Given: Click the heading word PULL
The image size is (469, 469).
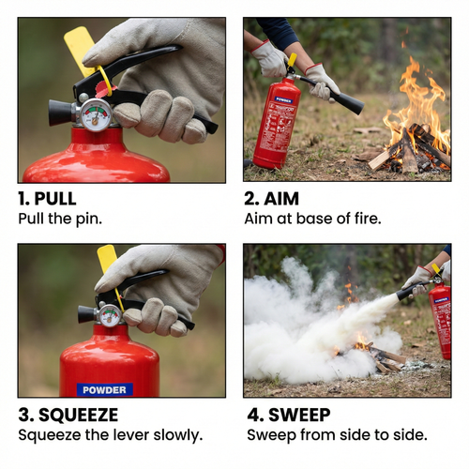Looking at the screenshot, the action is click(x=55, y=199).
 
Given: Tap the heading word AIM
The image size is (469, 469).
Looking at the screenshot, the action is click(x=281, y=199).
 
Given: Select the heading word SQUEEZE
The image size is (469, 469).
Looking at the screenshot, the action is click(x=78, y=415).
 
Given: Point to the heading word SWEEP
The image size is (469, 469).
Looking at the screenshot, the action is click(x=299, y=415).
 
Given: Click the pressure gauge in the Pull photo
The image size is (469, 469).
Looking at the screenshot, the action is click(x=96, y=114).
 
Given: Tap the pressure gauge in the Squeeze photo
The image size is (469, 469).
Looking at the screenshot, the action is click(x=109, y=315).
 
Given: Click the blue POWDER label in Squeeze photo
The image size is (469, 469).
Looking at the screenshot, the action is click(x=105, y=390).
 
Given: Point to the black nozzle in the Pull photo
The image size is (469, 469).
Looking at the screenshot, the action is click(x=62, y=113).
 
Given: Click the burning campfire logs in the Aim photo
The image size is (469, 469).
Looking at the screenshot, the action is click(x=410, y=150).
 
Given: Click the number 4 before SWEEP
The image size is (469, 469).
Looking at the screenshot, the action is click(x=252, y=415).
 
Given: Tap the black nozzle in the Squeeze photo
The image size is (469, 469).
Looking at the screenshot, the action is click(x=87, y=314).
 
